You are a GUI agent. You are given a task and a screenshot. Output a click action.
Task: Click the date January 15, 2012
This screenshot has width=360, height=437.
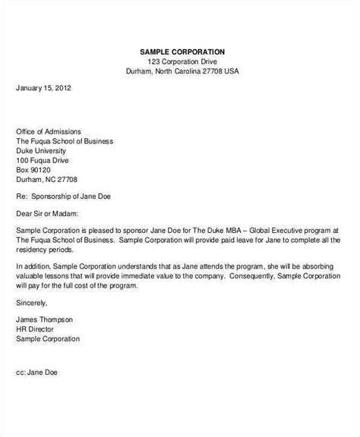point(44,87)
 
